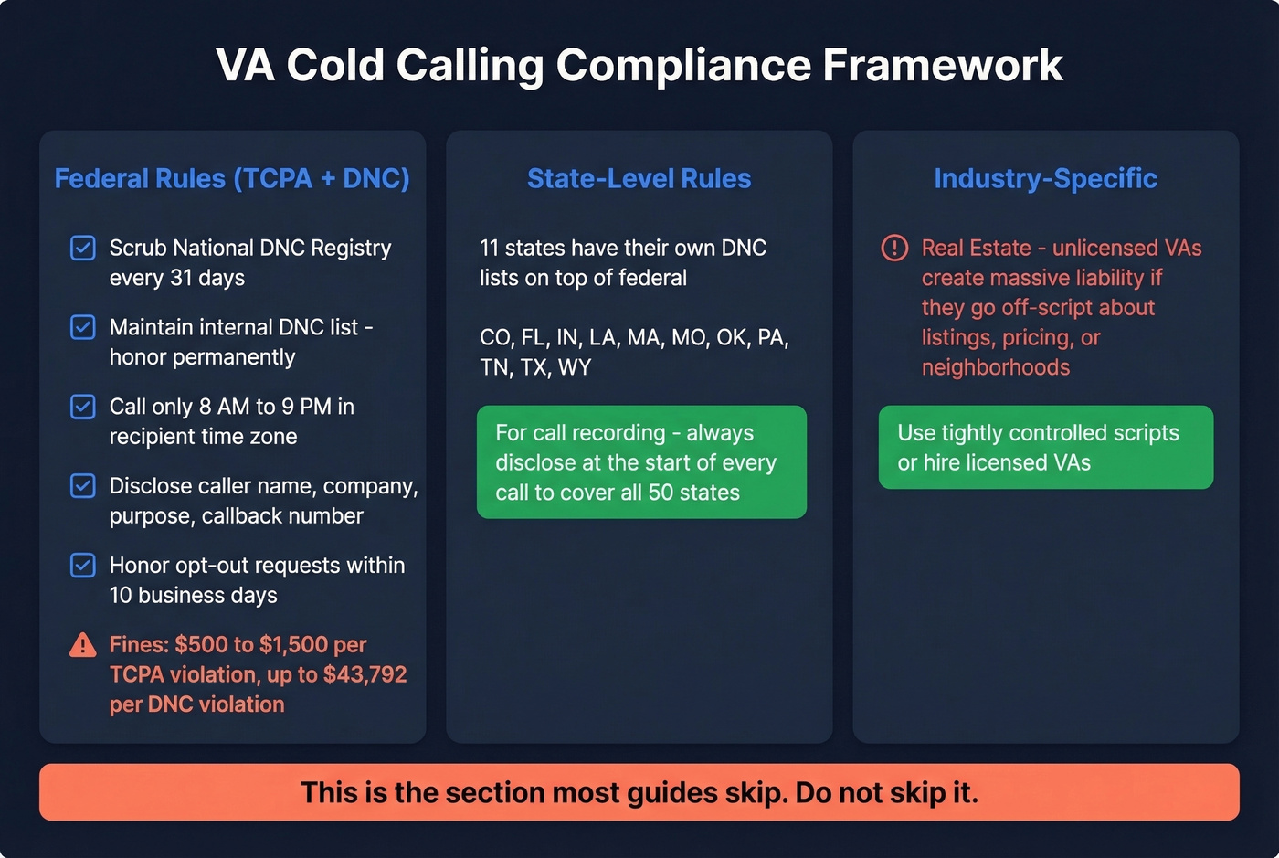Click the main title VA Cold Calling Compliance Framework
639,66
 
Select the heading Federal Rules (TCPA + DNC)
232,178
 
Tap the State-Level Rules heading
639,178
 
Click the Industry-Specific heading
1045,178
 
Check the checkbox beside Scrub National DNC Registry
83,248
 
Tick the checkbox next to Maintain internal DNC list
83,327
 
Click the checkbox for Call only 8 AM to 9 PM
83,407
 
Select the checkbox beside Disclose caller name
83,486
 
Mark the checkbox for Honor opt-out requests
83,566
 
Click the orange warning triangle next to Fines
83,645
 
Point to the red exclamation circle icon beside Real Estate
894,248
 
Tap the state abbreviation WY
575,367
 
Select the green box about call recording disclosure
641,462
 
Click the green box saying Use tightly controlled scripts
1045,448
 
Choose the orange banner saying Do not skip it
639,792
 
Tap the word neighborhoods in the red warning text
995,367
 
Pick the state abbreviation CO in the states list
495,338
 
